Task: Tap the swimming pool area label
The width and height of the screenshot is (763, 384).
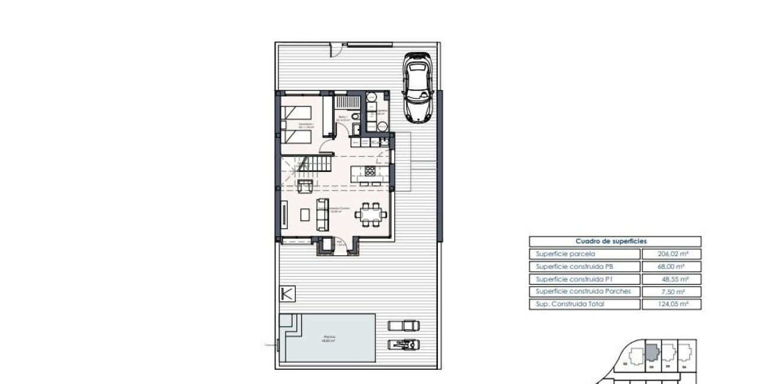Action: pos(328,339)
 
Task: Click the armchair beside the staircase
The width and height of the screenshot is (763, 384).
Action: pos(305,186)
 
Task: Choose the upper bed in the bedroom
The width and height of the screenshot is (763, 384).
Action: pos(296,112)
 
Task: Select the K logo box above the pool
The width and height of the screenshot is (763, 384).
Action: pos(287,294)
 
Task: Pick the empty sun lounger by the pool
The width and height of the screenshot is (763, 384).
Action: pos(404,325)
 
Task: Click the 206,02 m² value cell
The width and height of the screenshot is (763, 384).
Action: pos(671,253)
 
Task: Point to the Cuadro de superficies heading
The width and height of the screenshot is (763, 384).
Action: pos(615,241)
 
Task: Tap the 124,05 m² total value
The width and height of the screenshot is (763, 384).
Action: pos(671,304)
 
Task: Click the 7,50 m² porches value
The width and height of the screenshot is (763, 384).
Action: pos(671,292)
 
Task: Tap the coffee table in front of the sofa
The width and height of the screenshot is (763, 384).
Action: pos(304,215)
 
